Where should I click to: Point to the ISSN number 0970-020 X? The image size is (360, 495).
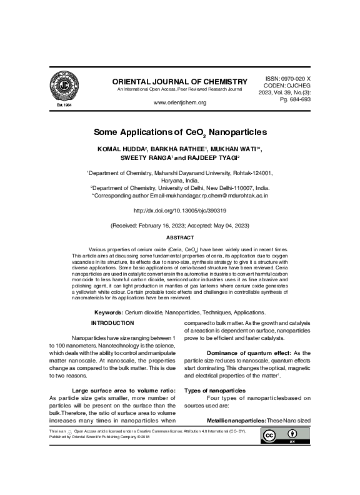pyautogui.click(x=296, y=74)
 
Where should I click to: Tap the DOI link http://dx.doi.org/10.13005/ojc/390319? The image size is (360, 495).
pyautogui.click(x=180, y=211)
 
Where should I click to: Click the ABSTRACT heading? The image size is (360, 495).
pyautogui.click(x=180, y=238)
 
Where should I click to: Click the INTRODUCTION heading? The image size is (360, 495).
pyautogui.click(x=112, y=322)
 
